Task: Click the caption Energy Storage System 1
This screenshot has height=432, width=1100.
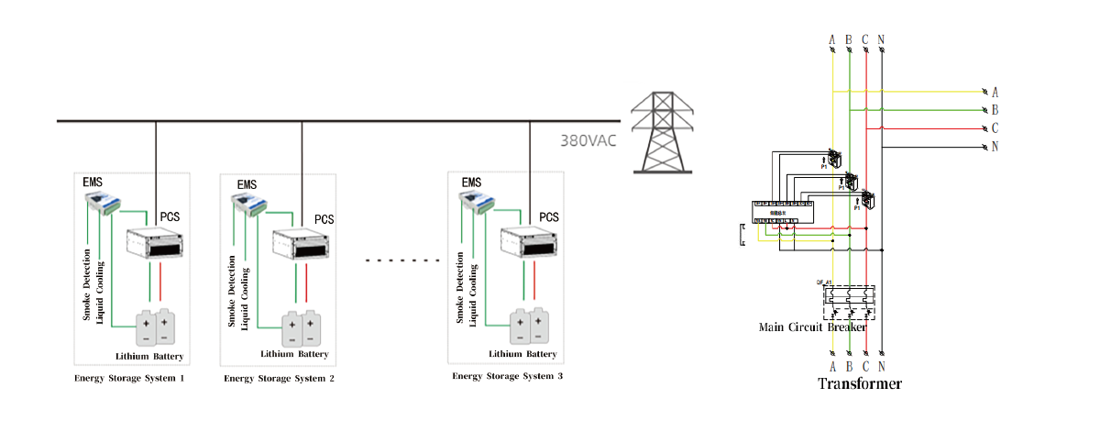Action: tap(129, 377)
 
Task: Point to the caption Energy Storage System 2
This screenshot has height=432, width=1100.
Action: tap(279, 378)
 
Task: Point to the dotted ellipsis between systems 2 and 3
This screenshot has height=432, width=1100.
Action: tap(404, 260)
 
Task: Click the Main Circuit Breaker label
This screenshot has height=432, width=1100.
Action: tap(813, 327)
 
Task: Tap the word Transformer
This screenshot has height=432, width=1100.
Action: tap(859, 383)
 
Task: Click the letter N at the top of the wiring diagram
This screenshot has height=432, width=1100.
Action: tap(881, 39)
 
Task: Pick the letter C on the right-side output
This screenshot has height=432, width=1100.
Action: tap(995, 128)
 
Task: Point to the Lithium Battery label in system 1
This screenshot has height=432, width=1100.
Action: tap(149, 356)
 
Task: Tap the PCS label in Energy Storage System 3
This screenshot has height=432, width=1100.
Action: tap(549, 217)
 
